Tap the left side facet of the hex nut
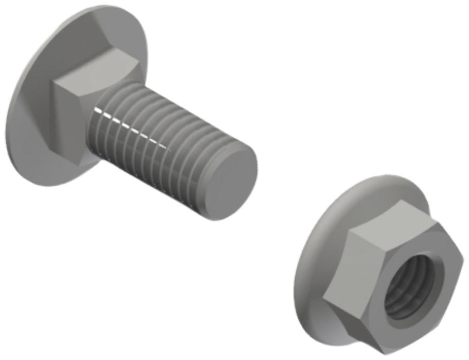[x=338, y=262]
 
